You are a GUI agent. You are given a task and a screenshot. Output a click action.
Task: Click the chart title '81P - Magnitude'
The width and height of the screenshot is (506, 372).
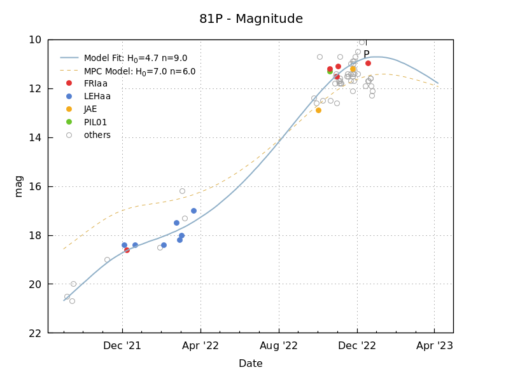tap(251, 19)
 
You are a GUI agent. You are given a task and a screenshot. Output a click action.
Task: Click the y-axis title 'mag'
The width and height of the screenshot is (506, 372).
tap(18, 186)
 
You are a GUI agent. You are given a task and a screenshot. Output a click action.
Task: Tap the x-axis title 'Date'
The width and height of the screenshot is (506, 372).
tap(250, 364)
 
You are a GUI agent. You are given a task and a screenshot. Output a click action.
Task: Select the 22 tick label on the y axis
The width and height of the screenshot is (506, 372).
tap(36, 333)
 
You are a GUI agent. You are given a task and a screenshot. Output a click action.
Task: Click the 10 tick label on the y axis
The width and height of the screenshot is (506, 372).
tap(36, 39)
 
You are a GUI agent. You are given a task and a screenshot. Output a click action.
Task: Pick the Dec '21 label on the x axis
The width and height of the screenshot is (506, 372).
tap(122, 346)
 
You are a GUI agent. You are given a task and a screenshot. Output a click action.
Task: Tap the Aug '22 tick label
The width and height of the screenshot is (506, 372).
tap(279, 346)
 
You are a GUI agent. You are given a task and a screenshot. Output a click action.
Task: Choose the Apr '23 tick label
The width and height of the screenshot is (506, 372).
tap(435, 346)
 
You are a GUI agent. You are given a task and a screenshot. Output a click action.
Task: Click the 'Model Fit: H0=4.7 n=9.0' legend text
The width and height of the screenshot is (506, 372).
tap(135, 59)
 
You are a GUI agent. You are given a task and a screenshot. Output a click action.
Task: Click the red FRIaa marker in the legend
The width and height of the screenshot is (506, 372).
tap(69, 83)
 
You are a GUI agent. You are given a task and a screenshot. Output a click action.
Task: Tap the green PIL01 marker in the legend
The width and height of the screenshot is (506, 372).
tap(69, 122)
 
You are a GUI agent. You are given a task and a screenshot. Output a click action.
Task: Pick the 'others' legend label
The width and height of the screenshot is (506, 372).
tap(97, 135)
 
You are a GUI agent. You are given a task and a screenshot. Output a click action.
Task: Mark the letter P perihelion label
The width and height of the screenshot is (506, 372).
tap(367, 54)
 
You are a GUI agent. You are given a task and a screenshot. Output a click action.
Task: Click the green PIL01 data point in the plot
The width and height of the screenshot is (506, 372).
tap(330, 71)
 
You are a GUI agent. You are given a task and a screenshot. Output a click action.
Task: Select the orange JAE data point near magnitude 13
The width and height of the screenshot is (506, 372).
tap(318, 110)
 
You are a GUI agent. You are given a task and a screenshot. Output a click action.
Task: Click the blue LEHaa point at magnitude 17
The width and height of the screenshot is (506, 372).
tap(193, 210)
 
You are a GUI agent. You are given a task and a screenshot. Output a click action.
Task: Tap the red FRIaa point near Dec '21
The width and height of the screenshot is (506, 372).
tap(127, 250)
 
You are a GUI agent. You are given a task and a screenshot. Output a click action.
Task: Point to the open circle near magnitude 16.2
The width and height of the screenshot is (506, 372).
tap(182, 191)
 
